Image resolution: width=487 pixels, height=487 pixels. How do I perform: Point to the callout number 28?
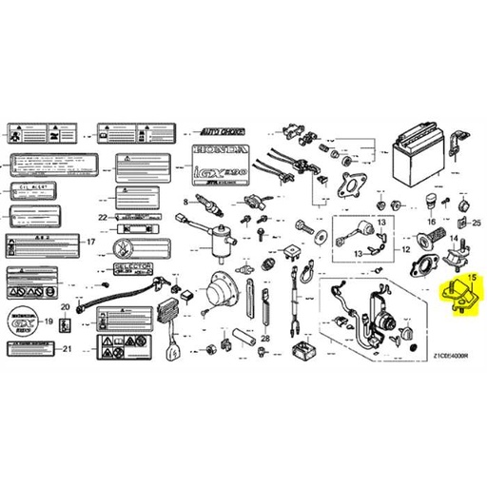264,338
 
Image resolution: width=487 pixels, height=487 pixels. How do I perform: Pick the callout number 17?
91,242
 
